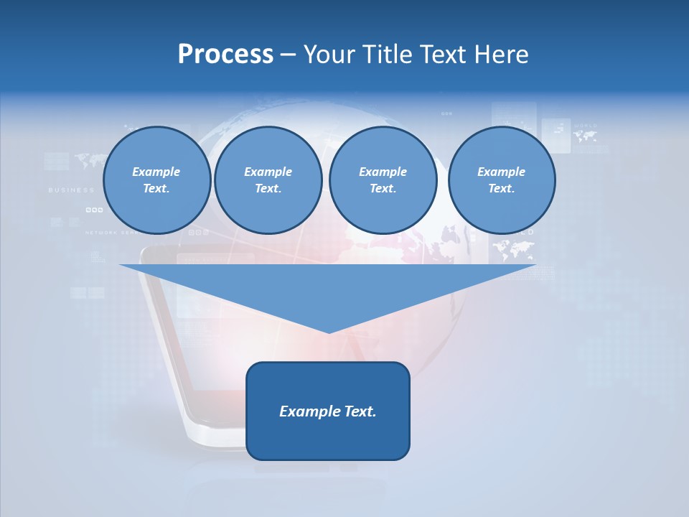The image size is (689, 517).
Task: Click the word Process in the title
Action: click(x=225, y=55)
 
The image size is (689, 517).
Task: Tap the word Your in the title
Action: click(x=332, y=55)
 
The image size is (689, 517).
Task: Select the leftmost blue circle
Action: click(x=156, y=180)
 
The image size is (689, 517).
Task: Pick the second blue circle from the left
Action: click(x=268, y=180)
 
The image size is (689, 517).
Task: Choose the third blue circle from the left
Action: click(x=383, y=180)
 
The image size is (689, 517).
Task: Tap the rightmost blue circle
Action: click(x=501, y=180)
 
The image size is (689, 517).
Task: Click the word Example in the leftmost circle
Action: click(x=156, y=172)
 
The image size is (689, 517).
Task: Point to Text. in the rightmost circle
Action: click(x=501, y=189)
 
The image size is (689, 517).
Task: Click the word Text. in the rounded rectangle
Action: click(x=361, y=411)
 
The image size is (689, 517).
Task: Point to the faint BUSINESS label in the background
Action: click(x=71, y=190)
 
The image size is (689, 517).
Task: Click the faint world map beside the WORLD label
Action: click(x=585, y=136)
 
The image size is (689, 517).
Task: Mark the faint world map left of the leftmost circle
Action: click(x=90, y=159)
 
